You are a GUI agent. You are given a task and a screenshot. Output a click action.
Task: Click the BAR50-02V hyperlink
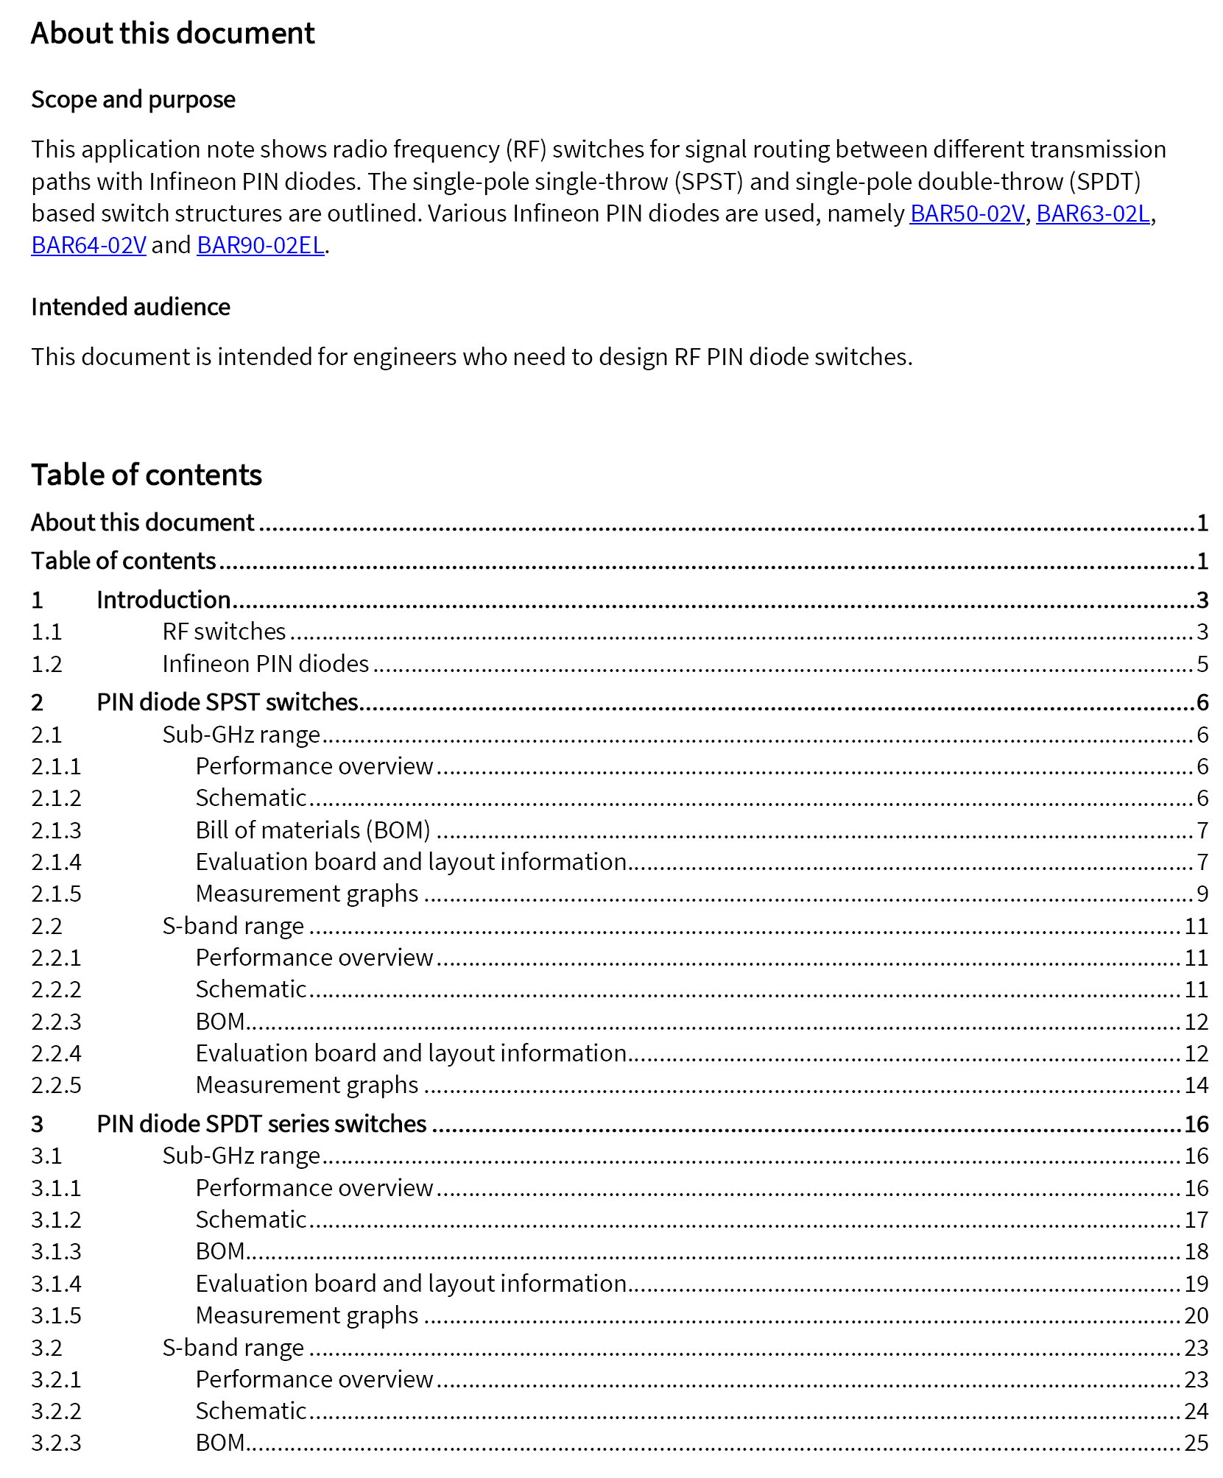tap(967, 213)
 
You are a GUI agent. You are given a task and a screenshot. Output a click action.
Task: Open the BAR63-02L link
tap(1093, 213)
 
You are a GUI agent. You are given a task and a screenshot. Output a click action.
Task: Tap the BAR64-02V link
tap(88, 245)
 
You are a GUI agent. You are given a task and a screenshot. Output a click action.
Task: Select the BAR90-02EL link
tap(261, 245)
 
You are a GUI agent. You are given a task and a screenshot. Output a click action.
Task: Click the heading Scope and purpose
tap(133, 99)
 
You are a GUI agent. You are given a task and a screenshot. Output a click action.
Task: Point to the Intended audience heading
tap(130, 307)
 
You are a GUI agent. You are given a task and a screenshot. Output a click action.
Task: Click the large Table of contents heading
tap(147, 475)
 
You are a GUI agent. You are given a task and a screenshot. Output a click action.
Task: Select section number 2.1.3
tap(56, 830)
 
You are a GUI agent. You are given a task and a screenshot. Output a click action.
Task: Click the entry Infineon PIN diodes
tap(266, 664)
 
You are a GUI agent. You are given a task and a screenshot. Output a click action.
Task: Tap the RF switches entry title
tap(224, 632)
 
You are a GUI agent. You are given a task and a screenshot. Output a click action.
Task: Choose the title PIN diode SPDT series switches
tap(261, 1124)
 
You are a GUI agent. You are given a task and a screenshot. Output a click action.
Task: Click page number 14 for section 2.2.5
tap(1196, 1085)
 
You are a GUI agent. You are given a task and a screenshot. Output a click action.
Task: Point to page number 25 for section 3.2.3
tap(1196, 1443)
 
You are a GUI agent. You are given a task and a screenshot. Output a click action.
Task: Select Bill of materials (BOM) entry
tap(313, 830)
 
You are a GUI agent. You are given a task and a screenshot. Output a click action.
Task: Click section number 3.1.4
tap(56, 1284)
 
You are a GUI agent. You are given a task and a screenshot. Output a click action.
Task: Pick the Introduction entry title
tap(163, 600)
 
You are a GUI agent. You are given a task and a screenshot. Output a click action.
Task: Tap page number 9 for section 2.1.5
tap(1202, 894)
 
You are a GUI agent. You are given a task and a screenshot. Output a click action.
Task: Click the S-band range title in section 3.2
tap(233, 1348)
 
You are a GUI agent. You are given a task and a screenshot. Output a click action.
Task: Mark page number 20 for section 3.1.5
tap(1196, 1315)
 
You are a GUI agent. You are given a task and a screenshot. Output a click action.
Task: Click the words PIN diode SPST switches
tap(228, 702)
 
